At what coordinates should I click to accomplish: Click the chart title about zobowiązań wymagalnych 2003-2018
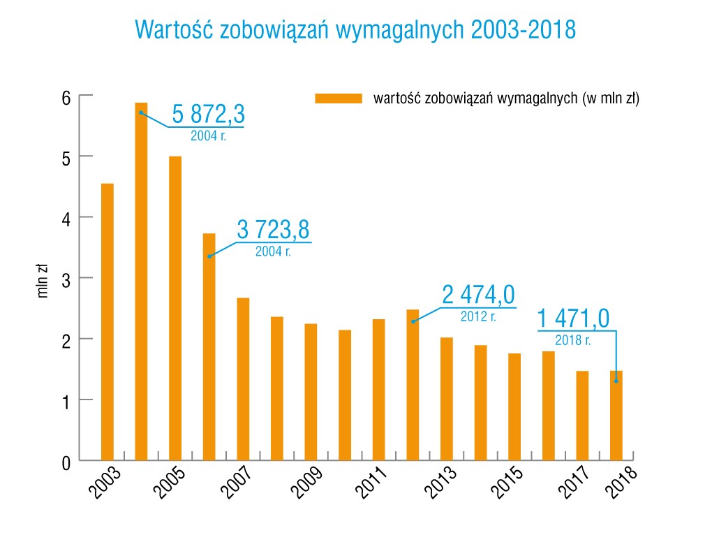(x=355, y=29)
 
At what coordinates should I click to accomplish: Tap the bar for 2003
(x=107, y=322)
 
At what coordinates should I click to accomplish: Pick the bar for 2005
(x=175, y=308)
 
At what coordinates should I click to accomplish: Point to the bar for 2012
(x=413, y=385)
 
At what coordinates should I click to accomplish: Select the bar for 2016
(x=549, y=406)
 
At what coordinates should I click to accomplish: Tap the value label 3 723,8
(x=274, y=229)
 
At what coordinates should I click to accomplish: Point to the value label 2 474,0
(x=478, y=295)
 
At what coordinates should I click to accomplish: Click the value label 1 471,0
(x=573, y=319)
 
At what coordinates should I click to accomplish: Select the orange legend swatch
(x=339, y=98)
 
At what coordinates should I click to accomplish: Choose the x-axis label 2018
(x=623, y=482)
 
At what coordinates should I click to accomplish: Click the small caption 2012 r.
(x=478, y=316)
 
